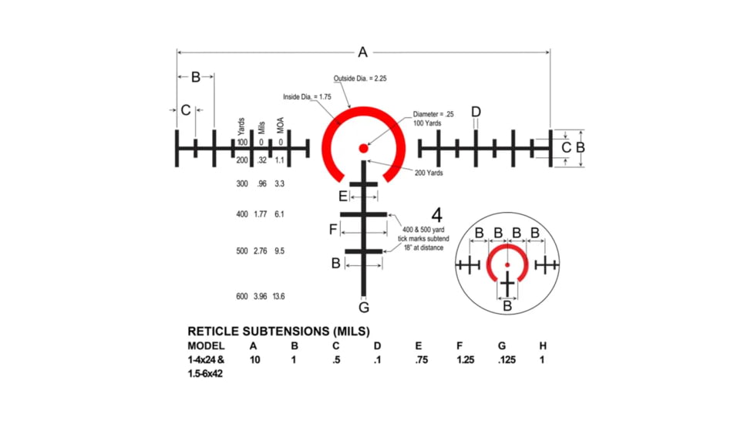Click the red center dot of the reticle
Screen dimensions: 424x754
(363, 146)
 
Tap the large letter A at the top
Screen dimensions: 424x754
(362, 52)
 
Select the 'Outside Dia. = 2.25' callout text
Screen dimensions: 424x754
(365, 79)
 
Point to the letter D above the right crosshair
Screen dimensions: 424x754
(476, 113)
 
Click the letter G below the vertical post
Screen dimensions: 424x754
(364, 308)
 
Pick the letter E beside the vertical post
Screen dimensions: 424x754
(343, 197)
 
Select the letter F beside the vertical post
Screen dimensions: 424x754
(333, 230)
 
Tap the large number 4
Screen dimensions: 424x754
(436, 215)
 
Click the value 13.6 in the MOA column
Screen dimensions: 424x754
(279, 297)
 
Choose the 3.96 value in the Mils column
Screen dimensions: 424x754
(260, 297)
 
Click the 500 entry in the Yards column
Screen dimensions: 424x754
(242, 251)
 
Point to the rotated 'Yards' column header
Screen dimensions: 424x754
(242, 126)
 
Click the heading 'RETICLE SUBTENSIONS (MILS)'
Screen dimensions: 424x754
(268, 331)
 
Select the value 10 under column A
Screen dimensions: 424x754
(254, 360)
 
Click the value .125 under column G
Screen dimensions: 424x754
(506, 360)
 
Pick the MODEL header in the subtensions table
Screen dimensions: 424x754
(206, 346)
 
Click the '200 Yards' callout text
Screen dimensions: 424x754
(429, 173)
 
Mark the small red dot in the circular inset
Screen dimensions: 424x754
(507, 265)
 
